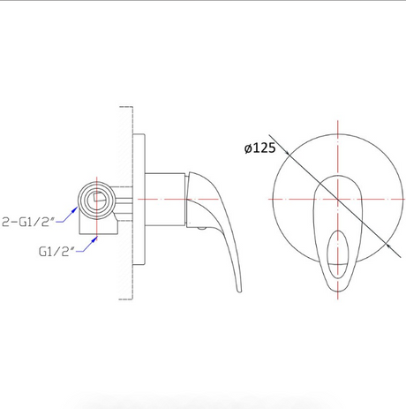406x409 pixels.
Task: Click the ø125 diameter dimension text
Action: [260, 148]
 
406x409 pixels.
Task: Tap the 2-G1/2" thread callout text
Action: [28, 222]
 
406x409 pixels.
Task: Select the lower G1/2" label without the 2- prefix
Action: [56, 252]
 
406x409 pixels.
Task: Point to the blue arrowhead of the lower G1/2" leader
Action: [94, 239]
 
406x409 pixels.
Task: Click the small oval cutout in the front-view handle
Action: [338, 254]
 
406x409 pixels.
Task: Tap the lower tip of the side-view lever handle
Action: [239, 292]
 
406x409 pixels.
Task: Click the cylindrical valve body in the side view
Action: [165, 200]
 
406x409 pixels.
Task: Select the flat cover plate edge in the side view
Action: [139, 201]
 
